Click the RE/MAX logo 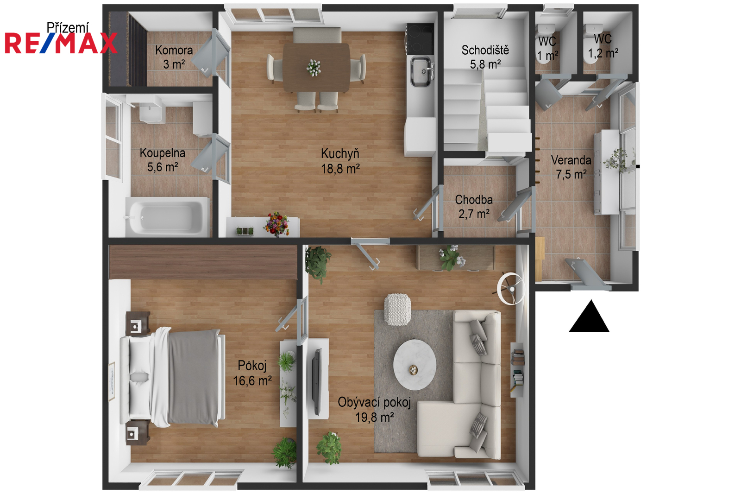(x=61, y=43)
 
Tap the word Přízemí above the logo (x=68, y=28)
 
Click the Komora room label (x=174, y=50)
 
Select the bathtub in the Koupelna (x=167, y=217)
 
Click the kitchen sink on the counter (x=421, y=71)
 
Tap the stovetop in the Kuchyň (x=420, y=39)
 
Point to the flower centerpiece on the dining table (x=313, y=68)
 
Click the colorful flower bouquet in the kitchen (x=277, y=224)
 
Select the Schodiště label (x=485, y=51)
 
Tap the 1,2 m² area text (x=603, y=53)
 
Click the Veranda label (x=571, y=160)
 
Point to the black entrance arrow (x=589, y=316)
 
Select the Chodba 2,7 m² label (x=474, y=207)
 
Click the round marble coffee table (x=414, y=364)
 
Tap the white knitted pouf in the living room (x=397, y=309)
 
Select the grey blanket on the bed (x=194, y=378)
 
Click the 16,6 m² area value (x=252, y=381)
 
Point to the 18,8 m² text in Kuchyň (x=340, y=169)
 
